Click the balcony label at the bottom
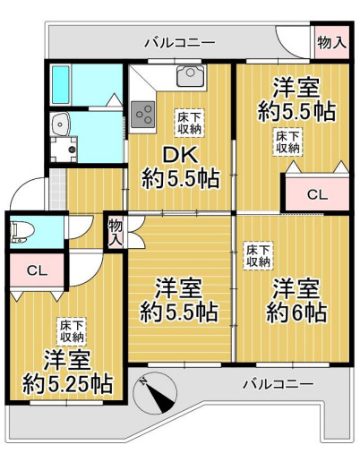coord(279,383)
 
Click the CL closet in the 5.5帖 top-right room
coord(316,192)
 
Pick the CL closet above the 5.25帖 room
coord(36,270)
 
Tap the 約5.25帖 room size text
coord(68,373)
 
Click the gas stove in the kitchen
coord(143,113)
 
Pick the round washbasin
coord(60,124)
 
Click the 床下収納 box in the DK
coord(189,121)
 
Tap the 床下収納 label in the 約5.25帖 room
coord(72,330)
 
